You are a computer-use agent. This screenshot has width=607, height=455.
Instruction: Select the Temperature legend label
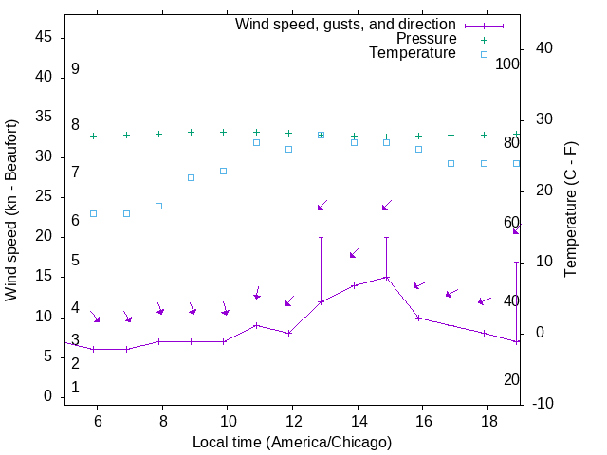click(412, 54)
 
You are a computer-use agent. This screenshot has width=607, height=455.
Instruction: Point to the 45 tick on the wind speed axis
click(43, 37)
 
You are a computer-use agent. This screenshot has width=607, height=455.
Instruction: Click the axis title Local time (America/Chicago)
click(291, 442)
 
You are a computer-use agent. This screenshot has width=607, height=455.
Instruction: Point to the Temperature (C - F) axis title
click(570, 210)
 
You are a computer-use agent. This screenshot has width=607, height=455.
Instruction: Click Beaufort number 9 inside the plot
click(75, 69)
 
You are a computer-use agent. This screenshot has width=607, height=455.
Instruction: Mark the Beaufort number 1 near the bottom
click(75, 387)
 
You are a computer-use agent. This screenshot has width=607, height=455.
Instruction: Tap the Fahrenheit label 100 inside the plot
click(508, 64)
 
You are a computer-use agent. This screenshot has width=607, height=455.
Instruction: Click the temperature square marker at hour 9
click(192, 177)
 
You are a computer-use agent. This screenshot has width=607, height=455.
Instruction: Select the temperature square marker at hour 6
click(93, 213)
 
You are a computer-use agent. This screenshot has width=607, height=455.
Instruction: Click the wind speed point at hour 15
click(386, 278)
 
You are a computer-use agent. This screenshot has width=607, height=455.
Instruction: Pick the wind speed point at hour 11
click(256, 325)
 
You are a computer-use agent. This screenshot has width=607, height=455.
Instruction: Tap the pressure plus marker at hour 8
click(158, 135)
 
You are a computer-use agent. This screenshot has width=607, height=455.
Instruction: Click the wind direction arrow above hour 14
click(354, 253)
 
